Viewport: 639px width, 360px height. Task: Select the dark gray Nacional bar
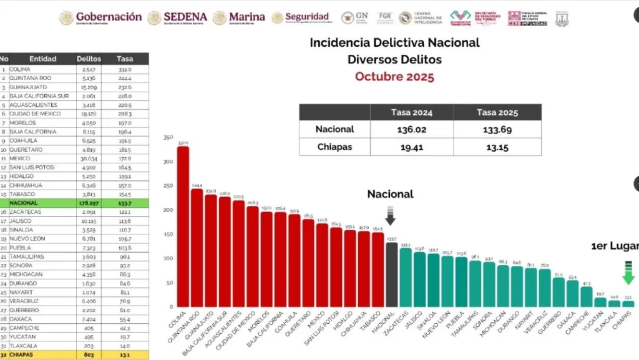pyautogui.click(x=391, y=275)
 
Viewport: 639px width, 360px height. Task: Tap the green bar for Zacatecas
pyautogui.click(x=406, y=278)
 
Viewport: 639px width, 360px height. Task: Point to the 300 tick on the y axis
pyautogui.click(x=167, y=162)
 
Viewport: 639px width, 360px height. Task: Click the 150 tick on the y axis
pyautogui.click(x=167, y=234)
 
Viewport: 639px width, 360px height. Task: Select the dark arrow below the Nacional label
pyautogui.click(x=391, y=215)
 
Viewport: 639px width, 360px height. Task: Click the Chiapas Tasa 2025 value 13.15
pyautogui.click(x=497, y=147)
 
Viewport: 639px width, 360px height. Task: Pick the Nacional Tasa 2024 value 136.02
pyautogui.click(x=411, y=129)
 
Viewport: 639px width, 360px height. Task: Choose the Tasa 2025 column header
pyautogui.click(x=497, y=112)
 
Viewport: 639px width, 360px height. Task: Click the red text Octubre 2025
pyautogui.click(x=394, y=77)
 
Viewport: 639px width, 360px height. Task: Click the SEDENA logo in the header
pyautogui.click(x=178, y=17)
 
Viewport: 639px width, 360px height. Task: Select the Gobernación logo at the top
pyautogui.click(x=101, y=17)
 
